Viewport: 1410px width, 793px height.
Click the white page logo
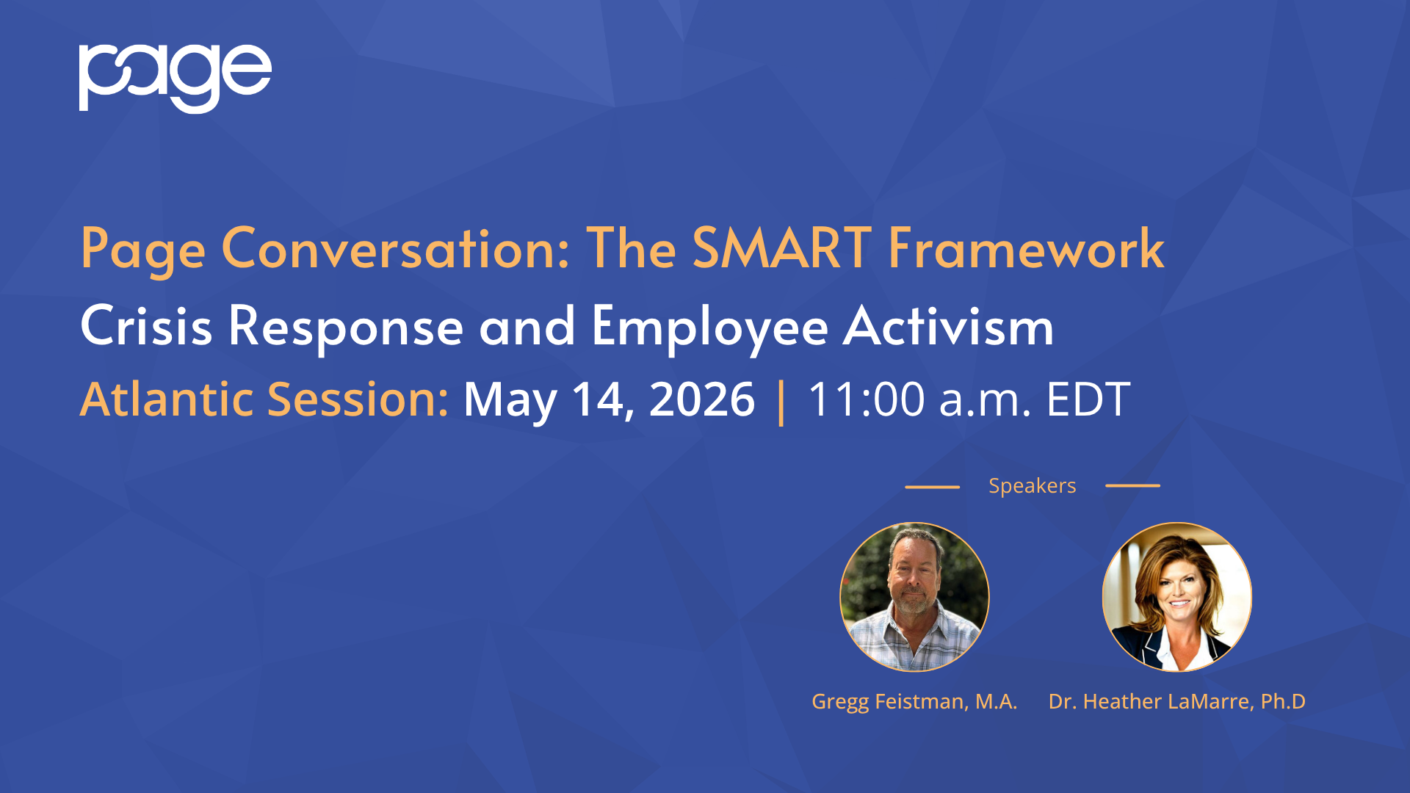point(175,78)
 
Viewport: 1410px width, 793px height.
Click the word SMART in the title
point(782,248)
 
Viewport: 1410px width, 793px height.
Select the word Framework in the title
point(1026,248)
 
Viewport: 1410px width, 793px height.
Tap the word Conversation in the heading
point(396,248)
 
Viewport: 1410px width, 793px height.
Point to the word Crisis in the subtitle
point(146,325)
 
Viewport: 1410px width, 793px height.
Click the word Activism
point(949,325)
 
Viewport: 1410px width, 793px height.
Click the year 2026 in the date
point(702,399)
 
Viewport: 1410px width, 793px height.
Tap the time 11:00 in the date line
point(867,399)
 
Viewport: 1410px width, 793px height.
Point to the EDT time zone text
point(1088,399)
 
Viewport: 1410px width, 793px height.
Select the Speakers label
point(1032,486)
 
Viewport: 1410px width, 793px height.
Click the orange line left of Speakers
point(932,486)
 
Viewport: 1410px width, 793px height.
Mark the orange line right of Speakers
point(1132,485)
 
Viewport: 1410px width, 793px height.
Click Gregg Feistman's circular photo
point(914,597)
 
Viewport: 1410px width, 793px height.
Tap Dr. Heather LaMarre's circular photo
point(1177,597)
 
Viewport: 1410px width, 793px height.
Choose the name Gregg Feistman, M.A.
point(914,702)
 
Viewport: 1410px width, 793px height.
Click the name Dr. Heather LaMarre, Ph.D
point(1177,702)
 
